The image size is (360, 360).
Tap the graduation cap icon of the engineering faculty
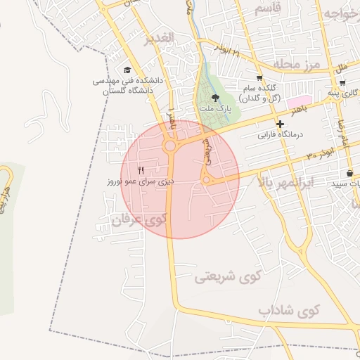pyautogui.click(x=127, y=70)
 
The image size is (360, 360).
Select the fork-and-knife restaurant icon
pyautogui.click(x=141, y=170)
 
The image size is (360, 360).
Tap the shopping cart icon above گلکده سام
pyautogui.click(x=259, y=78)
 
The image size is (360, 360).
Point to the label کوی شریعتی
pyautogui.click(x=227, y=276)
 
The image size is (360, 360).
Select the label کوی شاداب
pyautogui.click(x=288, y=310)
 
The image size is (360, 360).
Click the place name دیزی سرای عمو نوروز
pyautogui.click(x=140, y=181)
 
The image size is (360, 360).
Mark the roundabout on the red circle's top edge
pyautogui.click(x=169, y=146)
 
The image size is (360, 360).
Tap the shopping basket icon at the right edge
pyautogui.click(x=350, y=173)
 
